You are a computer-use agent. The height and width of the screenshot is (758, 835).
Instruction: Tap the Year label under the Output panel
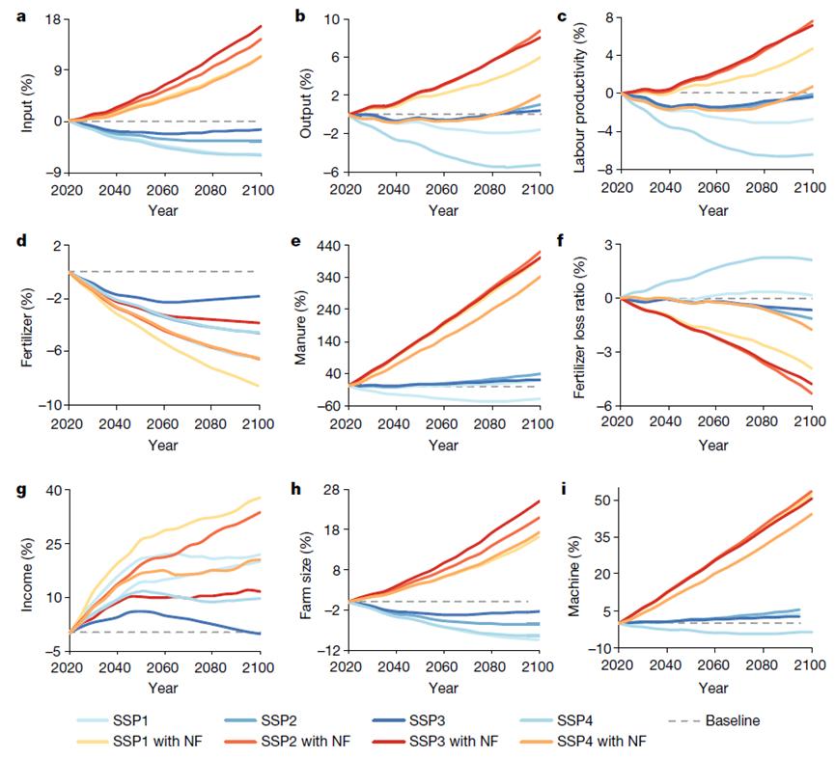pyautogui.click(x=443, y=209)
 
